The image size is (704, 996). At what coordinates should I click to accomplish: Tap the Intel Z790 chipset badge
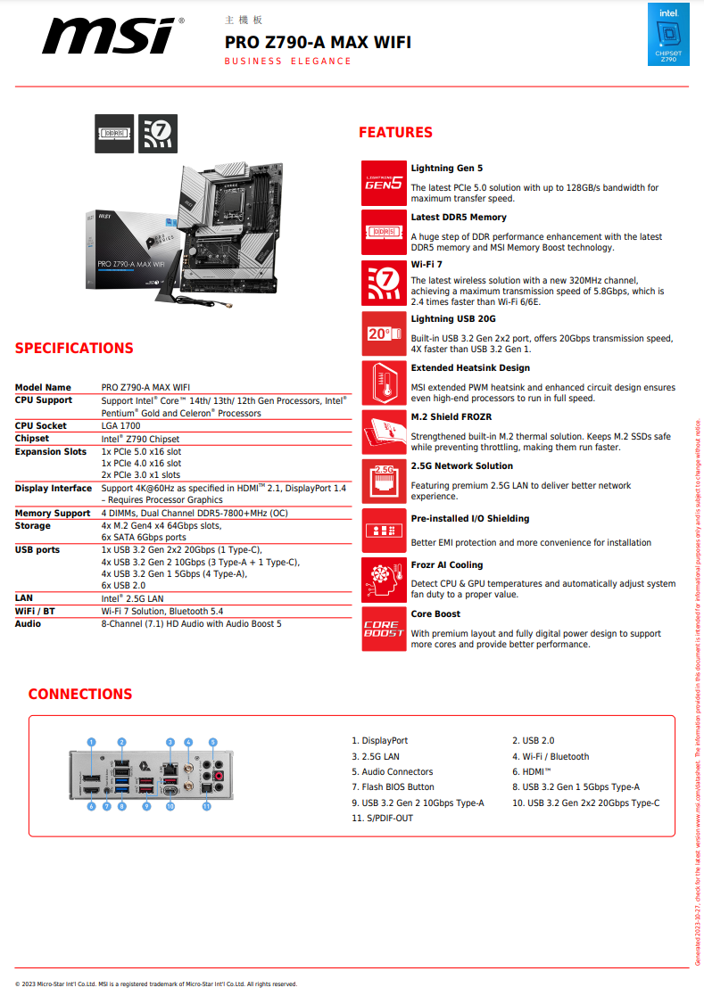pos(668,35)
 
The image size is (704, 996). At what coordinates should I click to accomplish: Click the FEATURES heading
pos(395,133)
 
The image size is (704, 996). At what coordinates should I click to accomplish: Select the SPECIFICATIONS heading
pos(74,349)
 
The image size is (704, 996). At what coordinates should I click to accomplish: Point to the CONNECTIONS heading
pos(80,694)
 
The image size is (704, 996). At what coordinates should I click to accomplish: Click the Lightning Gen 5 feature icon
pos(384,183)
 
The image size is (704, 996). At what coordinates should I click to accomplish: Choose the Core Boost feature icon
pos(384,629)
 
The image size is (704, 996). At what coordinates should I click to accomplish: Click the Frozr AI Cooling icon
pos(384,580)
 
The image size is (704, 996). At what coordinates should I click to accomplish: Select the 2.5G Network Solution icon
pos(384,481)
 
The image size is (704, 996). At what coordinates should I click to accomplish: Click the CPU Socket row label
pos(41,426)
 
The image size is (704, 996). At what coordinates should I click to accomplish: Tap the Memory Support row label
pos(53,514)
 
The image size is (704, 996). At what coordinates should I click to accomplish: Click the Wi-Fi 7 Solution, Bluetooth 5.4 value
pos(162,612)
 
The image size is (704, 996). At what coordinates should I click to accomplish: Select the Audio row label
pos(29,624)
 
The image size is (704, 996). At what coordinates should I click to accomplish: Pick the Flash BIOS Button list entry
pos(393,787)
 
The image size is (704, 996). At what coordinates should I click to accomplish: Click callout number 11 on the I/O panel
pos(206,806)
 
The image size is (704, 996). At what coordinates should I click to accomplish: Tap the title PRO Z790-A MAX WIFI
pos(318,42)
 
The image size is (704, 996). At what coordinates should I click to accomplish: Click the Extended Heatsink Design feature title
pos(470,367)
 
